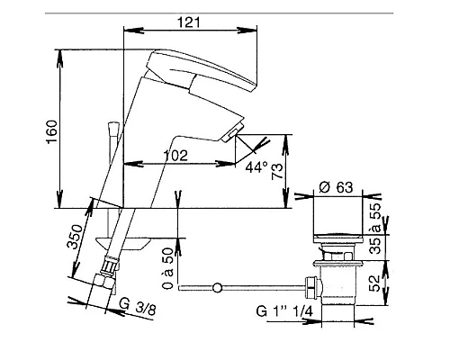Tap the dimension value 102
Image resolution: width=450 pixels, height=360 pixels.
pos(176,155)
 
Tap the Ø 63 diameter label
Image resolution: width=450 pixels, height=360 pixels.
pos(337,189)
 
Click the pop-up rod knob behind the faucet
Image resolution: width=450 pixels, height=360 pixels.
pos(112,129)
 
